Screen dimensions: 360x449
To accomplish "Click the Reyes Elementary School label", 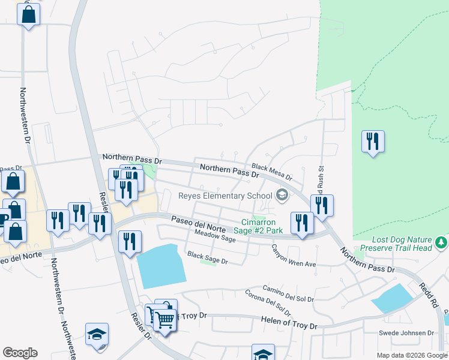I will pos(226,196).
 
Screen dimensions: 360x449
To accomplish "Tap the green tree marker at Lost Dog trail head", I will pos(442,242).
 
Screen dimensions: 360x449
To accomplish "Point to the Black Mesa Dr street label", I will pos(271,173).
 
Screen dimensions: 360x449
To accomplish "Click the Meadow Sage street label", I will pos(214,238).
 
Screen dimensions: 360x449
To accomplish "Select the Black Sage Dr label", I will pos(208,258).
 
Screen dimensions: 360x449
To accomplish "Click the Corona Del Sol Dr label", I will pos(268,304).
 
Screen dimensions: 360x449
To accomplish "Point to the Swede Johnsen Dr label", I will pos(406,333).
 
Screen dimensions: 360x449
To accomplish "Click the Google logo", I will pos(20,353).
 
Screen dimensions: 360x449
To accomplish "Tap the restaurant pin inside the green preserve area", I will pos(373,142).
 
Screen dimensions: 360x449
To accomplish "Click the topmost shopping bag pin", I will pos(28,14).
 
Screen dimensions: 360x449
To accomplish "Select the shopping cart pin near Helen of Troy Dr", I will pos(164,319).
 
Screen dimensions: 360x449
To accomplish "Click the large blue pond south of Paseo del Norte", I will pos(160,266).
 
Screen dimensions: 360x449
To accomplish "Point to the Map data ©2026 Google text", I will pos(411,355).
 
